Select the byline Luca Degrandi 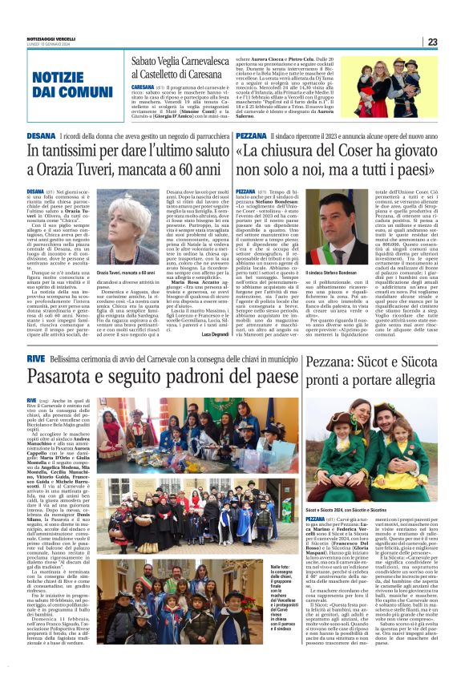pyautogui.click(x=217, y=333)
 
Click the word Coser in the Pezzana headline pyautogui.click(x=342, y=152)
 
